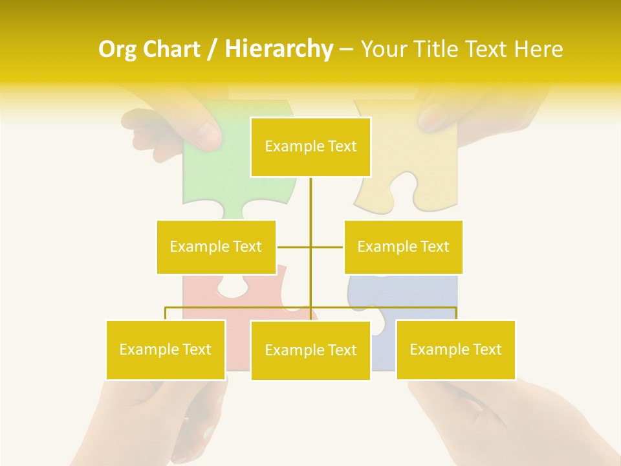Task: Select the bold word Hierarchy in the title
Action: point(279,50)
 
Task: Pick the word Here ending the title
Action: point(538,50)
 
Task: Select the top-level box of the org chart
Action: point(310,147)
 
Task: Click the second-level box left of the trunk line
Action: point(216,247)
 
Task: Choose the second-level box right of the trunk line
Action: point(403,247)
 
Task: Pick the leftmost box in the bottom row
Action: point(166,349)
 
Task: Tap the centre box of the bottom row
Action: point(310,350)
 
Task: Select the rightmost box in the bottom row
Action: point(455,349)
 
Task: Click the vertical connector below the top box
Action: point(310,201)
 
